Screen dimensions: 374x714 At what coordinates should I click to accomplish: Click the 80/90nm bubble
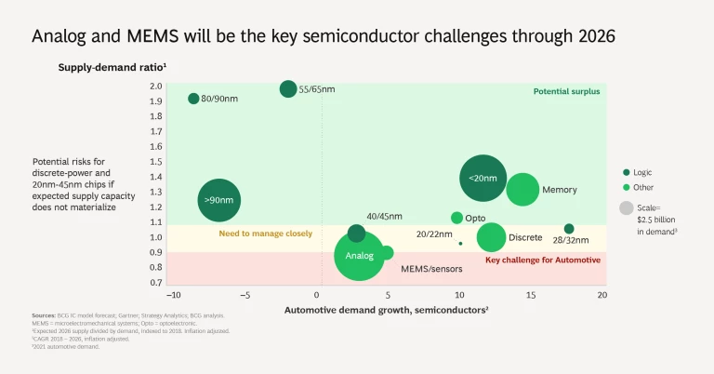pyautogui.click(x=193, y=98)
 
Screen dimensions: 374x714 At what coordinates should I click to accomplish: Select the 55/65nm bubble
pyautogui.click(x=288, y=88)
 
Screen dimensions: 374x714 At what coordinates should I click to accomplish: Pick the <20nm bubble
pyautogui.click(x=483, y=179)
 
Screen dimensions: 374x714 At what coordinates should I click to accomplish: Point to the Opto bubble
pyautogui.click(x=456, y=218)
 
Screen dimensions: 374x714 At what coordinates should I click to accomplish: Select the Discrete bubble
pyautogui.click(x=491, y=237)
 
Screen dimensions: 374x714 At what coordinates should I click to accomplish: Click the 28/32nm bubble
pyautogui.click(x=569, y=229)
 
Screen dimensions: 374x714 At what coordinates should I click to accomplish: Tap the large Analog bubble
pyautogui.click(x=359, y=255)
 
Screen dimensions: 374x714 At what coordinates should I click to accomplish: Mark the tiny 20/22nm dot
pyautogui.click(x=460, y=244)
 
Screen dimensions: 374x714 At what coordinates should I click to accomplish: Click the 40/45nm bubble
pyautogui.click(x=356, y=233)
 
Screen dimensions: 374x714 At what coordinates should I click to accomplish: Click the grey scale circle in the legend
pyautogui.click(x=627, y=207)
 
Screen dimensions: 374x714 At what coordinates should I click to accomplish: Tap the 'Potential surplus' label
pyautogui.click(x=566, y=91)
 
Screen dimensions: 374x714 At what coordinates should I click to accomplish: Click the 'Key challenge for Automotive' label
pyautogui.click(x=543, y=260)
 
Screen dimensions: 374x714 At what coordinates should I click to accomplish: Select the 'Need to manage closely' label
pyautogui.click(x=265, y=234)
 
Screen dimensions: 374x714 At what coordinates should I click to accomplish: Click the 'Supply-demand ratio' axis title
pyautogui.click(x=112, y=68)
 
